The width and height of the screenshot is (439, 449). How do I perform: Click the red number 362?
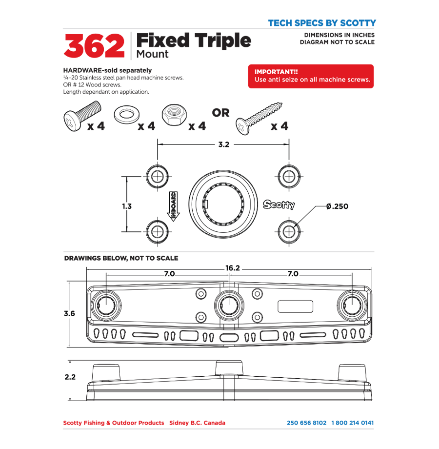click(x=94, y=46)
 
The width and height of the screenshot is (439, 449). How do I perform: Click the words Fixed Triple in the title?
click(x=193, y=41)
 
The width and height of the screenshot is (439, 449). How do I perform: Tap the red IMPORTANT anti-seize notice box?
click(x=311, y=76)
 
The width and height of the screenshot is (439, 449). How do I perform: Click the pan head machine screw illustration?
click(x=81, y=116)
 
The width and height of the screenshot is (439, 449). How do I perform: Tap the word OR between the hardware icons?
click(x=220, y=113)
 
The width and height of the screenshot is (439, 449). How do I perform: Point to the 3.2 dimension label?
click(x=223, y=145)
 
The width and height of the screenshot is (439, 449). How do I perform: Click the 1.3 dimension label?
click(x=127, y=206)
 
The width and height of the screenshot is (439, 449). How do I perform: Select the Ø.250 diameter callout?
click(x=338, y=206)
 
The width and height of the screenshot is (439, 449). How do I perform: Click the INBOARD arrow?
click(x=173, y=206)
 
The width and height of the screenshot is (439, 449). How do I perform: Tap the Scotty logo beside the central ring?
click(x=279, y=204)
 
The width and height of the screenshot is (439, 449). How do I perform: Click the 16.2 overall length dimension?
click(x=233, y=268)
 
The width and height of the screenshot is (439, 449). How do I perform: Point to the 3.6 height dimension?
click(x=69, y=314)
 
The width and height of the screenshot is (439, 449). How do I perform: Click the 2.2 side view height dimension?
click(x=70, y=377)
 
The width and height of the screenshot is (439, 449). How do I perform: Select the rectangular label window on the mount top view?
click(x=295, y=306)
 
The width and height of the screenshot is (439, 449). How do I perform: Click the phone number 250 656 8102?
click(x=307, y=423)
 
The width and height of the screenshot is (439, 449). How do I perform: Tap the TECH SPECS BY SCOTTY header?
click(x=322, y=23)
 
